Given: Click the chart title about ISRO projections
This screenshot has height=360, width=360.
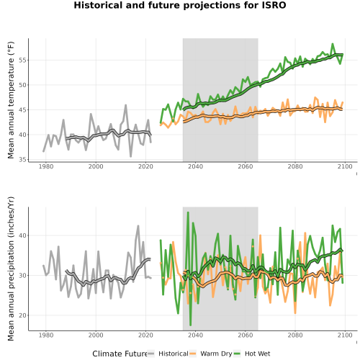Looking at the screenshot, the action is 180,5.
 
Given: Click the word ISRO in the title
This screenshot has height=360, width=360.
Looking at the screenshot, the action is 274,5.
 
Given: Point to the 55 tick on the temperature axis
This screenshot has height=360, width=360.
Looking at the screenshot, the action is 22,60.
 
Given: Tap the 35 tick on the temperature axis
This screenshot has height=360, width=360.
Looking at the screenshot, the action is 22,160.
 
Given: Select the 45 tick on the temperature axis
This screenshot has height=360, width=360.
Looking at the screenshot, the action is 22,110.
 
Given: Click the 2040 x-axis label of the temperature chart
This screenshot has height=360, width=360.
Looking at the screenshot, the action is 195,166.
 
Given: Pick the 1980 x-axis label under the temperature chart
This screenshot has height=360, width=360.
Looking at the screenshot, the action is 46,166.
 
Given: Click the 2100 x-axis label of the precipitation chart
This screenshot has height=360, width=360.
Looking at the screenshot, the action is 345,335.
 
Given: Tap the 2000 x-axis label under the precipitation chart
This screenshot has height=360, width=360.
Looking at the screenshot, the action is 96,335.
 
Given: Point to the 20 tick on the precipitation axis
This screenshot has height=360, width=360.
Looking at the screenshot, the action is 22,315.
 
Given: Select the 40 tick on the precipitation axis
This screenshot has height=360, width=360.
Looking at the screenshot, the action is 22,235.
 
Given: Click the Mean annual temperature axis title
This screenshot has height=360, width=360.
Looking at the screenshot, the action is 11,100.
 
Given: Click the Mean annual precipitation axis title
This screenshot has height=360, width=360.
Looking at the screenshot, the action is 11,269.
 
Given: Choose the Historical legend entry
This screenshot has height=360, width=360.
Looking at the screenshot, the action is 168,354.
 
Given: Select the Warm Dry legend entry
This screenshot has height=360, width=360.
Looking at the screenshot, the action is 211,354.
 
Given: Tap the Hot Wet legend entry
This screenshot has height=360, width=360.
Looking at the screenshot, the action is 252,354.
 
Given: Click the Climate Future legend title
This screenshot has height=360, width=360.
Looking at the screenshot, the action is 120,354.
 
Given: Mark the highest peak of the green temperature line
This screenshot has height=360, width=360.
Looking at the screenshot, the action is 333,44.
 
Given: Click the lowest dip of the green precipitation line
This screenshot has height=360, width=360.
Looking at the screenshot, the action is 190,325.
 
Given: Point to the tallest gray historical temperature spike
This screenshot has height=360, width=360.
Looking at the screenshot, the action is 126,105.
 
